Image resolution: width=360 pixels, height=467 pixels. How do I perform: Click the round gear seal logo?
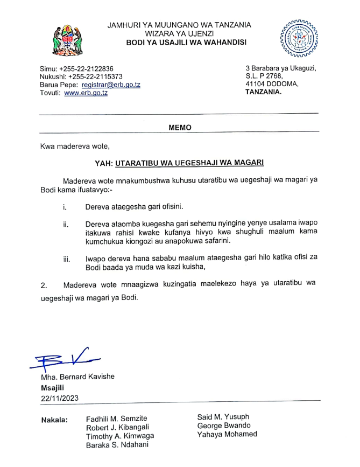tap(297, 38)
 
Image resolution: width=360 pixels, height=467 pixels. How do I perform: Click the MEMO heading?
tap(180, 128)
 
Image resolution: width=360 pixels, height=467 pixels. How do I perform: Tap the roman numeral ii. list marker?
tap(65, 224)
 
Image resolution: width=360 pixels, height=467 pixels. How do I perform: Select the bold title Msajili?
tap(52, 387)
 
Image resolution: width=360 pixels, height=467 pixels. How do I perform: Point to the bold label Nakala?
tap(54, 419)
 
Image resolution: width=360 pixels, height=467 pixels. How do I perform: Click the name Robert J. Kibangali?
tap(118, 427)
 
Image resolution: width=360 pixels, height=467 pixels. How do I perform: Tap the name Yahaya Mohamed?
tap(227, 434)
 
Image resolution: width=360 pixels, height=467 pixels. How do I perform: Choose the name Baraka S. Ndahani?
tap(118, 445)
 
